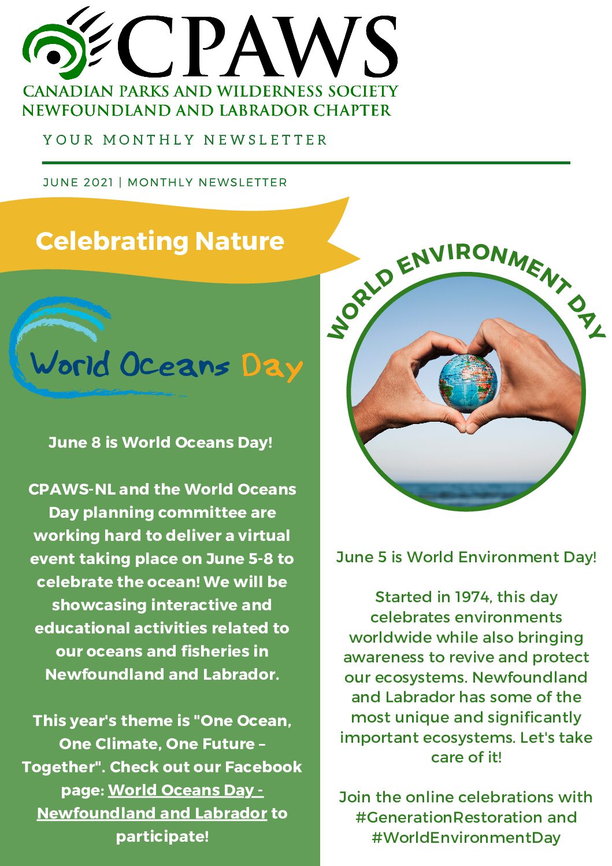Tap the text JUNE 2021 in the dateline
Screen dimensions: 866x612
point(78,182)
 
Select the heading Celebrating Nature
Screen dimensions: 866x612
point(160,241)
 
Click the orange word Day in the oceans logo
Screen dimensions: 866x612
point(272,367)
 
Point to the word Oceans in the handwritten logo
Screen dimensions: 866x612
point(174,365)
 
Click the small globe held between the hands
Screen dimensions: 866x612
point(468,382)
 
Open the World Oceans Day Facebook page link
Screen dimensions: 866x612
point(186,790)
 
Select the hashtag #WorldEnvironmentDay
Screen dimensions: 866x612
point(466,838)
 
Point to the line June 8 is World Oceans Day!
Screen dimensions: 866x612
point(161,443)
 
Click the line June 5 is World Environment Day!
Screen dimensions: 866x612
point(466,557)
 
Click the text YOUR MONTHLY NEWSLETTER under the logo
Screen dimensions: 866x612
point(185,140)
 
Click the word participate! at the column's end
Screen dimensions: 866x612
point(162,836)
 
